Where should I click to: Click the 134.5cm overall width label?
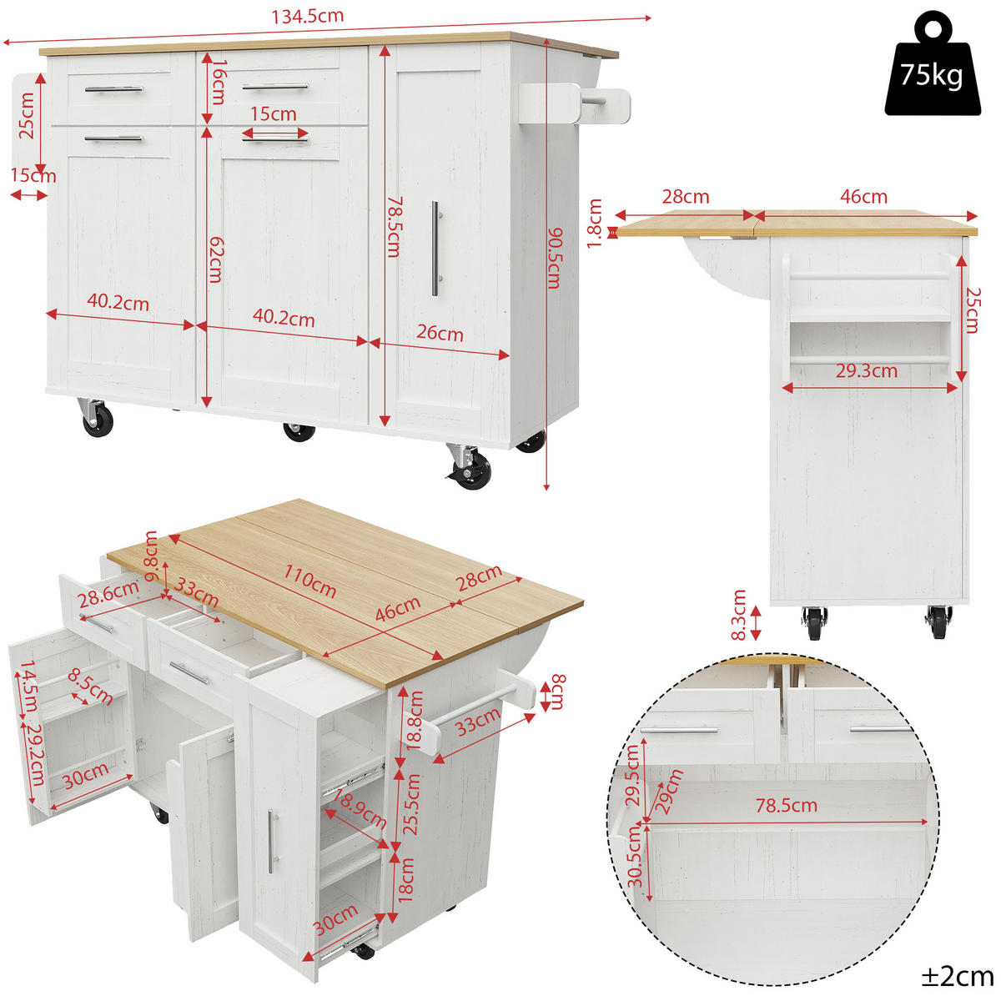click(x=307, y=16)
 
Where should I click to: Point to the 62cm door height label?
click(x=214, y=259)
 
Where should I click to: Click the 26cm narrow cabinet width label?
click(x=440, y=333)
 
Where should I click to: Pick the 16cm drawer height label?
click(x=217, y=81)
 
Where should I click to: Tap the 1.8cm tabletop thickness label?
click(x=595, y=223)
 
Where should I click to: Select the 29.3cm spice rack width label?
click(x=867, y=371)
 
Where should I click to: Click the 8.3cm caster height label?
click(x=738, y=614)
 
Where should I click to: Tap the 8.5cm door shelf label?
click(x=90, y=686)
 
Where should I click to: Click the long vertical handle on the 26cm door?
click(x=435, y=249)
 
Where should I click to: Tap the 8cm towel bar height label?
click(x=557, y=692)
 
